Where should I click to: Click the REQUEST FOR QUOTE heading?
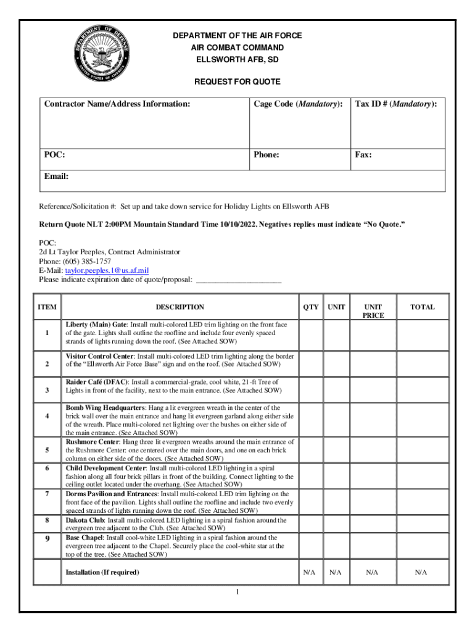(x=238, y=81)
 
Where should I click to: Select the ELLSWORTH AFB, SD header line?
(x=238, y=60)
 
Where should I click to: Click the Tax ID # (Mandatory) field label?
(x=396, y=104)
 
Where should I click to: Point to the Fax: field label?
(x=363, y=155)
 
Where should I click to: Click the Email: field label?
(x=56, y=177)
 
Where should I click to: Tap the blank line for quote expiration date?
(x=238, y=280)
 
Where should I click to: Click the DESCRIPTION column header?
(x=180, y=307)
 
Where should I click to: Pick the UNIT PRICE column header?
(x=373, y=310)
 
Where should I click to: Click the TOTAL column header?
(x=423, y=307)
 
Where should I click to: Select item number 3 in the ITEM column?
(x=47, y=390)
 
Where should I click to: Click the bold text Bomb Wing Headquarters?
(x=105, y=408)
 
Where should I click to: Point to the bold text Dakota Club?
(x=85, y=520)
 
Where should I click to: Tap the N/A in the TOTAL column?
(x=421, y=573)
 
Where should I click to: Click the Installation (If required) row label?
(x=102, y=573)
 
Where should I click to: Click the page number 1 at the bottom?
(x=237, y=592)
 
